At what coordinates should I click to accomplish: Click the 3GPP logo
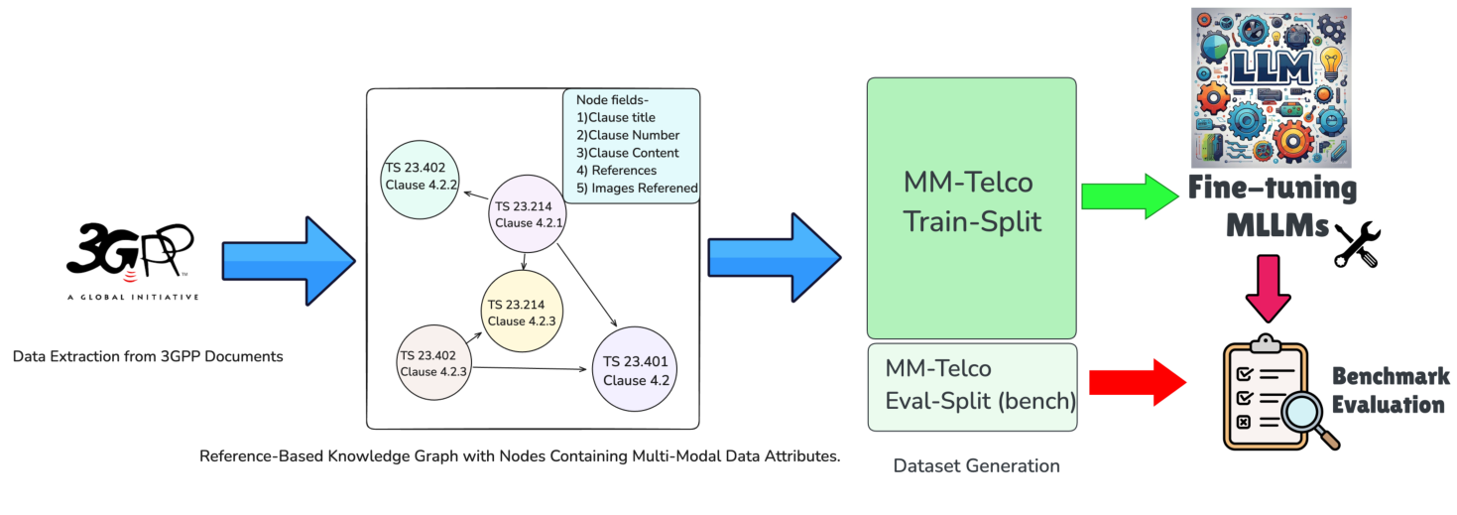[x=133, y=261]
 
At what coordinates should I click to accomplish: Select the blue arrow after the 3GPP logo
[x=288, y=261]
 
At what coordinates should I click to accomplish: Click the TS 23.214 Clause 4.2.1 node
[x=529, y=213]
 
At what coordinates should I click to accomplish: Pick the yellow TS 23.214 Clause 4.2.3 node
[x=522, y=312]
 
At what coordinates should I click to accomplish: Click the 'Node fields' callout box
[x=632, y=145]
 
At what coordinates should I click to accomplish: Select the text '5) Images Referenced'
[x=637, y=189]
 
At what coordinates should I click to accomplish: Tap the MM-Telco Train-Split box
[x=971, y=208]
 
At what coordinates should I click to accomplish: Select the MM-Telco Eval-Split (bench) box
[x=971, y=386]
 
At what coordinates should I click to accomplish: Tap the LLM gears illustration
[x=1271, y=87]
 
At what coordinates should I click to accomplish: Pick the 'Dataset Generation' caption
[x=976, y=465]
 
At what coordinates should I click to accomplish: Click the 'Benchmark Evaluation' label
[x=1391, y=390]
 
